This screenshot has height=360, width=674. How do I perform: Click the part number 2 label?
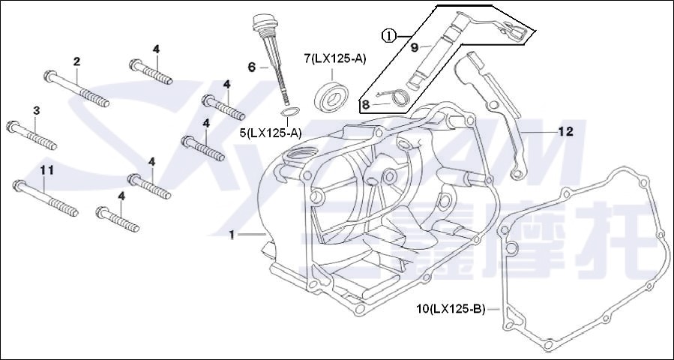coord(76,61)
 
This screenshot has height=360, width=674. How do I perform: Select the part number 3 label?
coord(36,111)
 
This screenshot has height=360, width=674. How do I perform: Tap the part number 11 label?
coord(46,170)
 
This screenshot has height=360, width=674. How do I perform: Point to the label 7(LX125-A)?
coord(334,58)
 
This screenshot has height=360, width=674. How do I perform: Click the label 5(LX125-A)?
coord(271,133)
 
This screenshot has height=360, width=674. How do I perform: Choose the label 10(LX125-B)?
coord(451,308)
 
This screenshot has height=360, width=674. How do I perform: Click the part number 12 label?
coord(565,131)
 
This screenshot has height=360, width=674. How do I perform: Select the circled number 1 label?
coord(388,35)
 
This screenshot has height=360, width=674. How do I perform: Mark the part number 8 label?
coord(366,104)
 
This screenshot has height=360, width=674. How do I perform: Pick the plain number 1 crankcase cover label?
coord(232,235)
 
